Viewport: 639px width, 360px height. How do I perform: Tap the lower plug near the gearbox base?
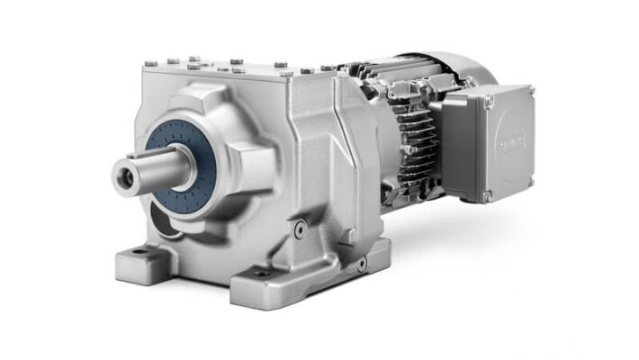(361, 265)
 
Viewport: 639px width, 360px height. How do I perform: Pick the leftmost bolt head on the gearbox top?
(148, 62)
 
